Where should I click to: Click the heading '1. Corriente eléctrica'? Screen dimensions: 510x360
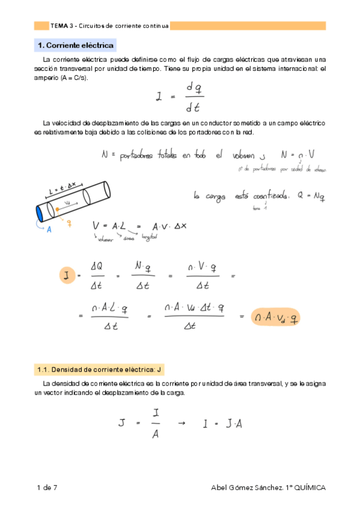[76, 46]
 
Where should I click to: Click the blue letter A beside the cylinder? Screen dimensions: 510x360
[49, 229]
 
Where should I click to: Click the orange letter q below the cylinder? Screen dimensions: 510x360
[70, 223]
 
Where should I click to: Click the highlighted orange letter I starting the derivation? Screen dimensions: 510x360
[65, 275]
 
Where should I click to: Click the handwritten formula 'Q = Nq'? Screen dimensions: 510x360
[311, 195]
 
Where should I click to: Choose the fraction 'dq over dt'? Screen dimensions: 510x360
[194, 97]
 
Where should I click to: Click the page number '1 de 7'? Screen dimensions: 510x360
[46, 487]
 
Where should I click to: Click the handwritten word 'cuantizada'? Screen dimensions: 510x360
[268, 195]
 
